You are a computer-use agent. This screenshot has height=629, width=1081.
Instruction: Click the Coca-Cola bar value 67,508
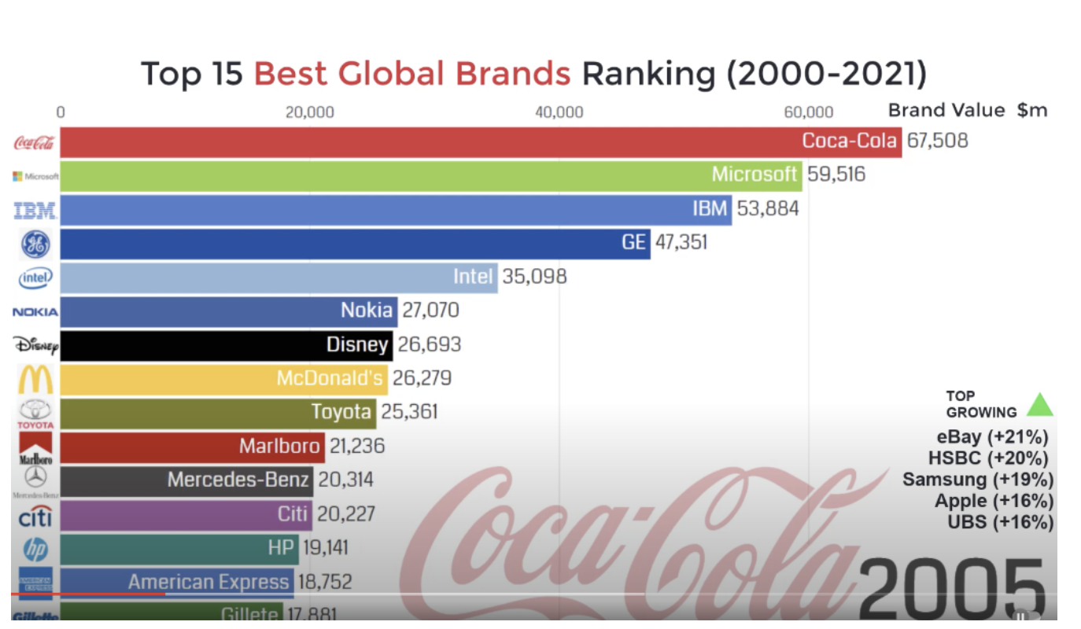coord(937,141)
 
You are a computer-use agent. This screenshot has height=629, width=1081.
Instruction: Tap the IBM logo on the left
coord(35,210)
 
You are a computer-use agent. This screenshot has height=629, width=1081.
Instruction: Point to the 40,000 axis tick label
coord(559,112)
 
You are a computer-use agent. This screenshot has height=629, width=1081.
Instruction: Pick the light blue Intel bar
coord(279,277)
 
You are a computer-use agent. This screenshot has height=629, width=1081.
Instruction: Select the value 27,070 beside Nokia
coord(430,311)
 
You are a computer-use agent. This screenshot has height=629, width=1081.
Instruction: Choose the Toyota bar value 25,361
coord(409,411)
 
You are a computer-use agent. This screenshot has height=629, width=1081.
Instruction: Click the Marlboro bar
coord(192,446)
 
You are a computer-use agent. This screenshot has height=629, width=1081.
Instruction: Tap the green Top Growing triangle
coord(1039,404)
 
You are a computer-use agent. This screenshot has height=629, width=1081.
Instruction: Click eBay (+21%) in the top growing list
coord(992,437)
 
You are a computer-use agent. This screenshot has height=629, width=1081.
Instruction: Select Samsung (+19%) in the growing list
coord(977,480)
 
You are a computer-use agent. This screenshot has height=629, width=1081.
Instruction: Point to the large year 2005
coord(954,586)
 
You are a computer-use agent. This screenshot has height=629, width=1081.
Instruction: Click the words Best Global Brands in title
coord(411,74)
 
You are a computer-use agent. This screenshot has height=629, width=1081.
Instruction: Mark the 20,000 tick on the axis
coord(309,112)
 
